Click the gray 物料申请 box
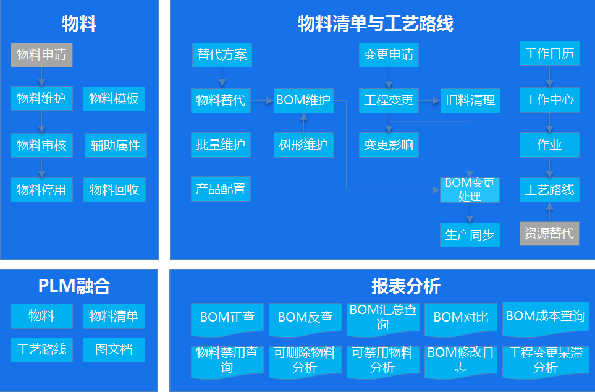(x=41, y=54)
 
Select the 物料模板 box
(x=114, y=99)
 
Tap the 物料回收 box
(x=114, y=190)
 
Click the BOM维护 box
(x=303, y=100)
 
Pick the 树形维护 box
(x=303, y=145)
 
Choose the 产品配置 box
(x=221, y=189)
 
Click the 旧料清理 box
(x=470, y=100)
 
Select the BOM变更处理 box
(x=470, y=190)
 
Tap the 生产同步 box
(x=470, y=235)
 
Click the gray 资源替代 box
(x=549, y=233)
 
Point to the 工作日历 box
(x=549, y=54)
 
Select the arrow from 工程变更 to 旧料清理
(x=429, y=100)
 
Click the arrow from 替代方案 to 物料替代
(x=221, y=77)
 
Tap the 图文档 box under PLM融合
(x=114, y=350)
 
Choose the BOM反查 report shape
(x=305, y=318)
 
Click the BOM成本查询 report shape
(x=545, y=317)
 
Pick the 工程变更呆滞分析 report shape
(x=545, y=361)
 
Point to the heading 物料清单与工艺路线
(x=376, y=24)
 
